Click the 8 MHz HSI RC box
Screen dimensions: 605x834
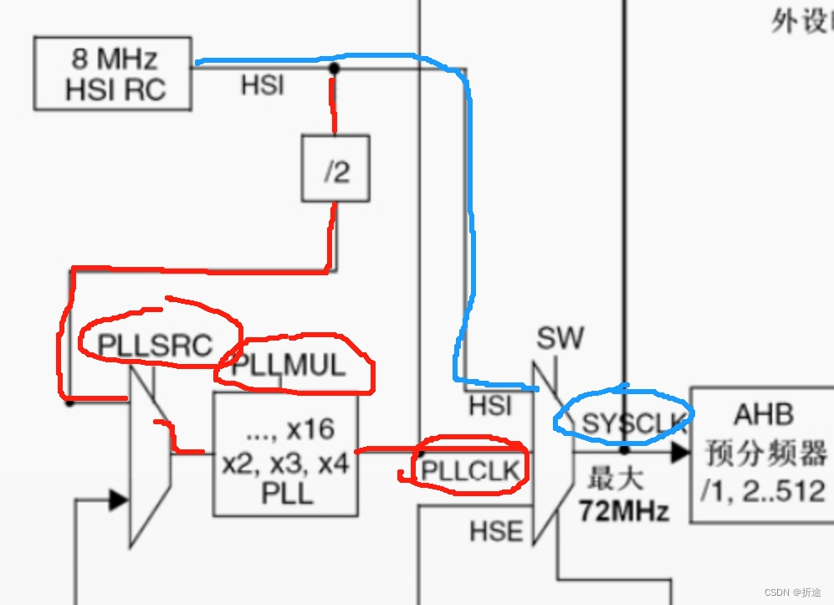[x=112, y=74]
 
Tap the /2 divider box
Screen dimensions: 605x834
[x=335, y=172]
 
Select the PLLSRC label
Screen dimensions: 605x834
[x=155, y=345]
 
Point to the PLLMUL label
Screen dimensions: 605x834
[x=288, y=366]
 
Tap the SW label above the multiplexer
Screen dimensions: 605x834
[x=560, y=339]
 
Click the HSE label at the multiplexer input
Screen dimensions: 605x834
[x=495, y=531]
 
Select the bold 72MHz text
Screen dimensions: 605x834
[x=623, y=510]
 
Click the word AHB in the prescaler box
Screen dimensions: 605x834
[x=764, y=414]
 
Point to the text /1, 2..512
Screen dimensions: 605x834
[x=764, y=490]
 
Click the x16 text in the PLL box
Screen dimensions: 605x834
[x=310, y=429]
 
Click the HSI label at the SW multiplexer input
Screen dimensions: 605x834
[x=491, y=406]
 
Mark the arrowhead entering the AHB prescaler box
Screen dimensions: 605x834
[x=679, y=452]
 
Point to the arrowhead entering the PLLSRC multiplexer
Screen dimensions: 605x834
[x=118, y=500]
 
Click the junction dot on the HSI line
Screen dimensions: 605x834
[x=334, y=67]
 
